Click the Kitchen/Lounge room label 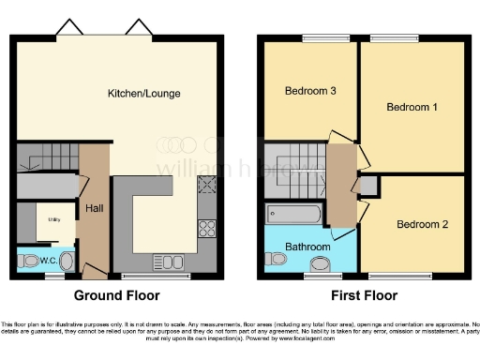click(144, 93)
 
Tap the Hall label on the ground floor click(95, 207)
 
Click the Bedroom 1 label click(412, 107)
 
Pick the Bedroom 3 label click(310, 91)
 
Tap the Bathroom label click(307, 247)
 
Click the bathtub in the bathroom click(294, 215)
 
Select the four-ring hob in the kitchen click(207, 227)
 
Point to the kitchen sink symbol click(173, 262)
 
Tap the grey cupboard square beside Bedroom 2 click(368, 186)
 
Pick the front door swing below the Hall click(94, 271)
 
